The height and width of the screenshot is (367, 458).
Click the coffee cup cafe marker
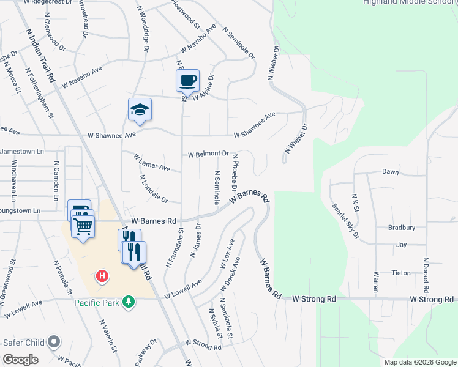click(188, 80)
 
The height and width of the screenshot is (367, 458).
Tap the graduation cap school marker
click(140, 109)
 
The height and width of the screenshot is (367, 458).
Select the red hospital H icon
click(103, 276)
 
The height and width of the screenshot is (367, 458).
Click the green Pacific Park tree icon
click(128, 302)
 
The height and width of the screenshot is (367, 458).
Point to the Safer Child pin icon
click(54, 343)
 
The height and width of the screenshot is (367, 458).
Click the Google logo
click(21, 359)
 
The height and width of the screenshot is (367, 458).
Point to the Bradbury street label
click(401, 228)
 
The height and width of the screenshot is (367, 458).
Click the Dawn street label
click(391, 172)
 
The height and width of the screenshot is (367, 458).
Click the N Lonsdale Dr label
click(153, 189)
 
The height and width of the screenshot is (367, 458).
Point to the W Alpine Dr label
click(203, 89)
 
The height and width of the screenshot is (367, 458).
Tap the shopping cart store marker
click(83, 226)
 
